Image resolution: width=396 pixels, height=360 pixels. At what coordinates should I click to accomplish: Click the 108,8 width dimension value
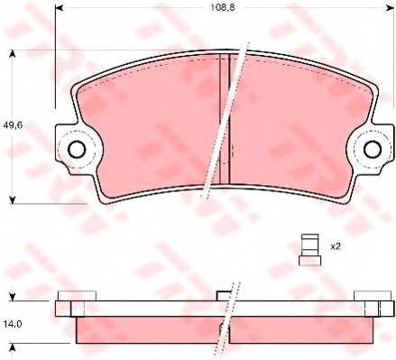[222, 8]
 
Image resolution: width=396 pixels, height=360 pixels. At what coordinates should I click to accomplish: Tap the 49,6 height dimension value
[13, 125]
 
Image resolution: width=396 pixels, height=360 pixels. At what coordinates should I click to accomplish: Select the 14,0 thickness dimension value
[13, 324]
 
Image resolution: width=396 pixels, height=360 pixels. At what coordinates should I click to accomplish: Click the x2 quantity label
[336, 247]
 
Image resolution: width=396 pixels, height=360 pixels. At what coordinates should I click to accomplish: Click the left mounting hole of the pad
[77, 149]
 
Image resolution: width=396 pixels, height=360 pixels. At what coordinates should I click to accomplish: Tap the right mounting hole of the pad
[373, 149]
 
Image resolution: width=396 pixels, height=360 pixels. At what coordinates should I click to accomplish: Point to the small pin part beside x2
[309, 250]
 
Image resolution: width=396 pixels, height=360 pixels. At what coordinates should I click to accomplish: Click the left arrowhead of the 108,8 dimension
[59, 8]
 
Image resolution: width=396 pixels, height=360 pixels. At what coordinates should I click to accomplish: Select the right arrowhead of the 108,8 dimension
[390, 8]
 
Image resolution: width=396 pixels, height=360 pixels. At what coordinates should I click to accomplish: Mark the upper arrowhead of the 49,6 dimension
[12, 54]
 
